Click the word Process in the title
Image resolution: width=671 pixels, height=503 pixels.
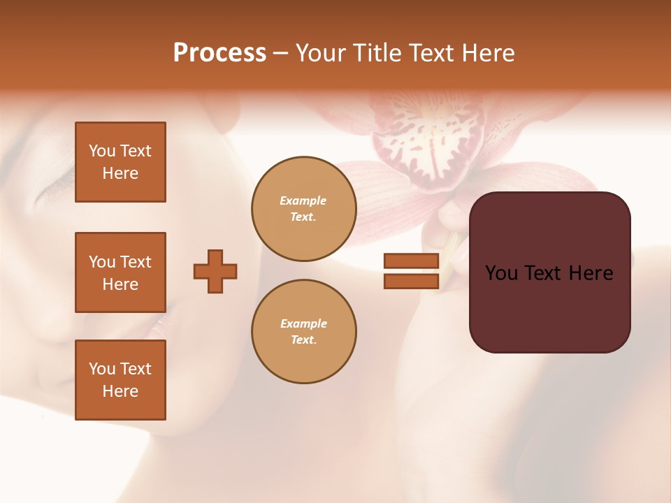(219, 53)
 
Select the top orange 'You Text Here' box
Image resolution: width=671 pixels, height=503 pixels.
(120, 162)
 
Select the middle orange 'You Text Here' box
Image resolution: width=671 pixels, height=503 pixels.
(120, 272)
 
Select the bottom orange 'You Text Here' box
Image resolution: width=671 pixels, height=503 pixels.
(120, 380)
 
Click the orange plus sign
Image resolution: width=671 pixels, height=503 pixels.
(215, 271)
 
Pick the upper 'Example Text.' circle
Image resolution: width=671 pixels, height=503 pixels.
(304, 209)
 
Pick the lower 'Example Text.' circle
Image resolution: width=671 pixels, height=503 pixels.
(304, 332)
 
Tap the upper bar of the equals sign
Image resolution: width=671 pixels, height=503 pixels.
(411, 261)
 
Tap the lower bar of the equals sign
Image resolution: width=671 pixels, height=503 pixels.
(411, 281)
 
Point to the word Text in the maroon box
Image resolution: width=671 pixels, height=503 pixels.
(549, 273)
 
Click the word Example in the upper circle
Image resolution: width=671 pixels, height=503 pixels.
(303, 201)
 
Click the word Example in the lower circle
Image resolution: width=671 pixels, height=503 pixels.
(303, 323)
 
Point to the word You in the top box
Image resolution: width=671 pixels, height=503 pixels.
(102, 151)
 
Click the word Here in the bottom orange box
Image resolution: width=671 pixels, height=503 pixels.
(120, 391)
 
